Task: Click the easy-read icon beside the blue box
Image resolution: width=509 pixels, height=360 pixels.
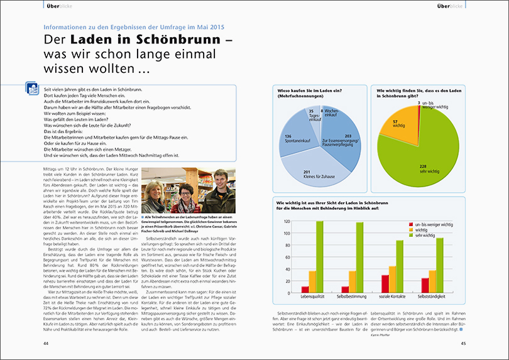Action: pyautogui.click(x=32, y=89)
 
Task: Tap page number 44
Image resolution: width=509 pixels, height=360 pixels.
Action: pyautogui.click(x=46, y=343)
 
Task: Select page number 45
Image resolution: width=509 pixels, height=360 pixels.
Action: pyautogui.click(x=463, y=343)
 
